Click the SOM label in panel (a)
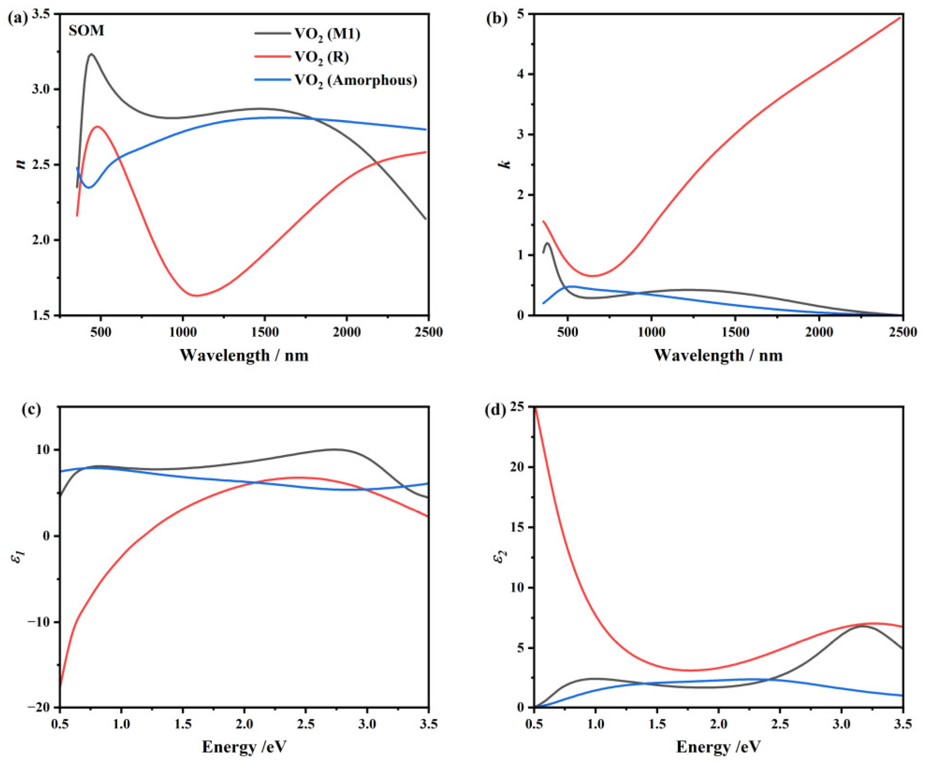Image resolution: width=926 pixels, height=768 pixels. (x=86, y=31)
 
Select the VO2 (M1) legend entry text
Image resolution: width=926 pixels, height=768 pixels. (x=327, y=34)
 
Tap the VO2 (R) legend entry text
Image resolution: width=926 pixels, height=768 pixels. (x=321, y=57)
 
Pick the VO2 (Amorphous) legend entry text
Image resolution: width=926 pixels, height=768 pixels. (x=355, y=81)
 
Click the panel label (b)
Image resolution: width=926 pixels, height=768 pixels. (x=497, y=19)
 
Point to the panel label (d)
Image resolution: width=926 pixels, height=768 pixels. (x=496, y=410)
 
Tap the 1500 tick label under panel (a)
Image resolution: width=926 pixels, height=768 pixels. (x=265, y=332)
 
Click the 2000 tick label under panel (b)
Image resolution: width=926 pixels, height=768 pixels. (x=818, y=332)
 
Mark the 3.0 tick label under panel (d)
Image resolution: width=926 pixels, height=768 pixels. (x=841, y=724)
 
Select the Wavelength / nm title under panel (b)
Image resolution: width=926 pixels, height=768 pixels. (x=718, y=356)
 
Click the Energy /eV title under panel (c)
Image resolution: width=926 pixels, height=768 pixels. (x=244, y=747)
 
